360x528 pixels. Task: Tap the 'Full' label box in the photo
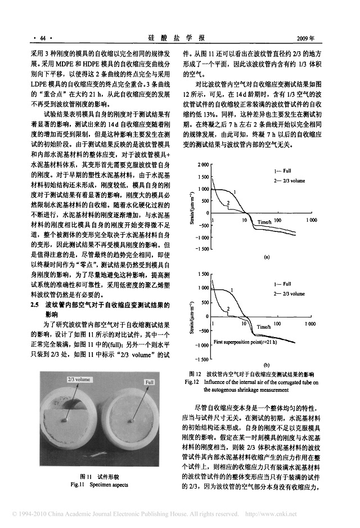149,382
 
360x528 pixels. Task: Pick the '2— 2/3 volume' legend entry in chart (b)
287,294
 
